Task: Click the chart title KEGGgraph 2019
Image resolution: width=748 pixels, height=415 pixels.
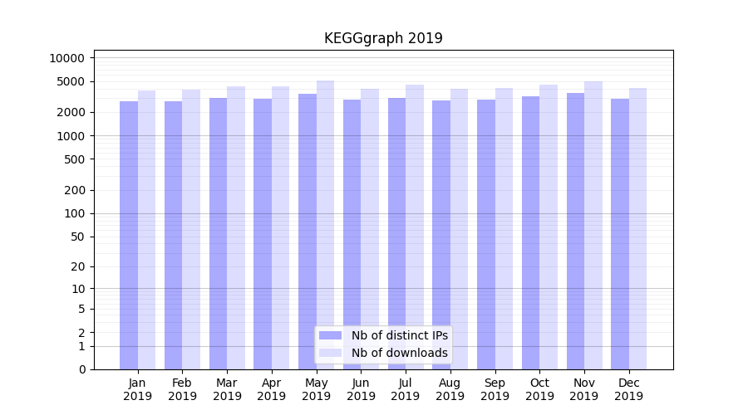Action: pyautogui.click(x=383, y=38)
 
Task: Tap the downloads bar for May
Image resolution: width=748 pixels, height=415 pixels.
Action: pyautogui.click(x=325, y=225)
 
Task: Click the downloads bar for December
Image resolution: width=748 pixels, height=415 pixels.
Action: pyautogui.click(x=637, y=228)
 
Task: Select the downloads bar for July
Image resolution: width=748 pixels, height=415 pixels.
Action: pyautogui.click(x=415, y=227)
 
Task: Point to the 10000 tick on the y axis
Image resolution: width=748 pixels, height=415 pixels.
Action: pyautogui.click(x=66, y=58)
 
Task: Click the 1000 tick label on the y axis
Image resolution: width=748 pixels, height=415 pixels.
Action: pyautogui.click(x=70, y=135)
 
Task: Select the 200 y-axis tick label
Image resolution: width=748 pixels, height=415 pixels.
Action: pyautogui.click(x=73, y=190)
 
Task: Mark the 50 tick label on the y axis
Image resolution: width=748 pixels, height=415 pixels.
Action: pyautogui.click(x=76, y=237)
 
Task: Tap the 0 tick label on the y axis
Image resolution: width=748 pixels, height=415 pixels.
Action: pyautogui.click(x=81, y=369)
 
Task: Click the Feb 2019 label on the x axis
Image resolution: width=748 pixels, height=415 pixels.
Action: pyautogui.click(x=182, y=389)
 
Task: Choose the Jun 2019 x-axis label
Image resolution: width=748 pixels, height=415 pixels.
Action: pyautogui.click(x=361, y=389)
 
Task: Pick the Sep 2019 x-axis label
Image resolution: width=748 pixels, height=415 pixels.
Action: pyautogui.click(x=495, y=389)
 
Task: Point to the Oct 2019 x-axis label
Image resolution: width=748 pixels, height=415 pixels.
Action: pyautogui.click(x=539, y=389)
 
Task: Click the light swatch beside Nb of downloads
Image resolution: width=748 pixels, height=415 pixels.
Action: pyautogui.click(x=330, y=353)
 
